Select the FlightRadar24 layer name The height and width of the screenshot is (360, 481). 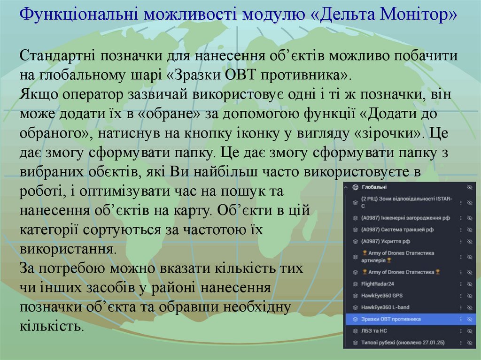coord(378,284)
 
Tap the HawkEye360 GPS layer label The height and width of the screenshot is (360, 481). coord(382,296)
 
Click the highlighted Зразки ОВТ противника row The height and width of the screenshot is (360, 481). coord(391,319)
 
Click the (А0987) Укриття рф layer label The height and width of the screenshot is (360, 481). coord(386,241)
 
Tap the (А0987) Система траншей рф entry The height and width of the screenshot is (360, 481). coord(397,230)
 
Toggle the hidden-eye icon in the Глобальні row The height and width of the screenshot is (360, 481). coord(469,187)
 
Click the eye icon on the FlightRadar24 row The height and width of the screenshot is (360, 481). coord(469,284)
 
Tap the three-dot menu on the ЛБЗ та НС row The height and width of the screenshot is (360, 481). coord(460,331)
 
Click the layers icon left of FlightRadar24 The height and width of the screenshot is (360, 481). coord(355,284)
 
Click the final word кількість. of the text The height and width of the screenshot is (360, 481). coord(52,326)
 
